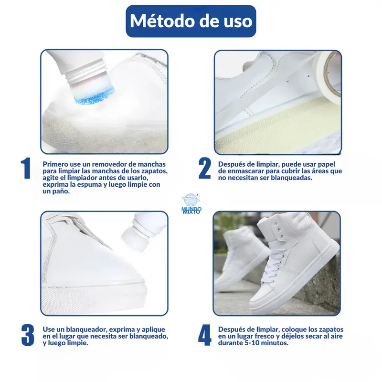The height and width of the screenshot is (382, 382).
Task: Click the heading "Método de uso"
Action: click(x=191, y=21)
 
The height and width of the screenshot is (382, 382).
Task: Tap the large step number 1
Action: click(x=26, y=168)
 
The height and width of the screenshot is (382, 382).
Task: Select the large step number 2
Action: click(x=205, y=168)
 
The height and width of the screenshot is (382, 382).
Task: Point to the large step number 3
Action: click(x=28, y=335)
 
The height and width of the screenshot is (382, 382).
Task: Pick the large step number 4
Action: click(x=205, y=335)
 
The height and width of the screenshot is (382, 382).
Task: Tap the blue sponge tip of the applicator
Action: click(x=95, y=96)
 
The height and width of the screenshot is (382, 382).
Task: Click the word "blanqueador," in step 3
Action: click(x=87, y=329)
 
